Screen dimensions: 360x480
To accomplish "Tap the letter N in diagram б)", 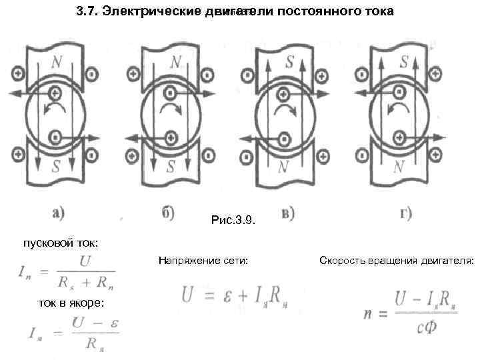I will pyautogui.click(x=175, y=63).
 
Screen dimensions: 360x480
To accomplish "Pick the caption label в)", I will pyautogui.click(x=289, y=215).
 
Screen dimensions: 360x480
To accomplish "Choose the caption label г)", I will pyautogui.click(x=405, y=215).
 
